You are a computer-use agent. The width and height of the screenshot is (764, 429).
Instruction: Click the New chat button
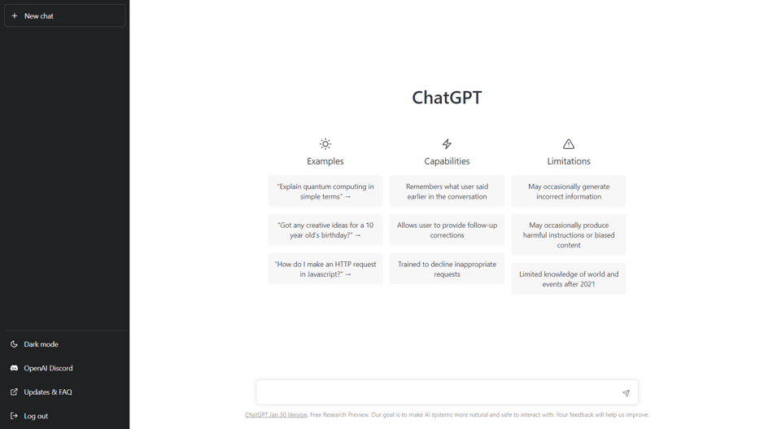click(65, 15)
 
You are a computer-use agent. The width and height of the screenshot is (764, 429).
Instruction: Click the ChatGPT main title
click(447, 98)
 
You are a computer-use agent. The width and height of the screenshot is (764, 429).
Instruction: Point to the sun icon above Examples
click(325, 144)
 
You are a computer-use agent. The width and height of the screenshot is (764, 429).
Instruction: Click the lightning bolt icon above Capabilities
click(447, 144)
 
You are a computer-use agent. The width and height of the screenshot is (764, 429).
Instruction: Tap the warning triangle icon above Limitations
click(569, 144)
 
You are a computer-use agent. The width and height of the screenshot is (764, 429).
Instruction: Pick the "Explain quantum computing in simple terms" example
click(325, 191)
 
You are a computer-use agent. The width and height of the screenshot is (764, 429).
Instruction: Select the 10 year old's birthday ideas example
click(325, 230)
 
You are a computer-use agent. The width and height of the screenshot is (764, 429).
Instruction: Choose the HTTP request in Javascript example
click(325, 269)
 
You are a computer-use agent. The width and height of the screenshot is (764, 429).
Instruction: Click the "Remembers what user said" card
click(447, 191)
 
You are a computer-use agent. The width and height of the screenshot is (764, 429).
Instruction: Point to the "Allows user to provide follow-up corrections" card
click(447, 230)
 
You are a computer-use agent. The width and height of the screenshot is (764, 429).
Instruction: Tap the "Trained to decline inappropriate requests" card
click(447, 269)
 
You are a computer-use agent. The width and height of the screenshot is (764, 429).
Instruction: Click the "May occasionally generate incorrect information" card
click(569, 191)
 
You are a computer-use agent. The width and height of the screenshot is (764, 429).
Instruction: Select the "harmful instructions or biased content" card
click(569, 235)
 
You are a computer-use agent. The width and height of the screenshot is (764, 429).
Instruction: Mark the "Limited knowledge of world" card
click(569, 279)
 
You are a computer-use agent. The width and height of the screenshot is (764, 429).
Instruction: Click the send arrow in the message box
click(626, 393)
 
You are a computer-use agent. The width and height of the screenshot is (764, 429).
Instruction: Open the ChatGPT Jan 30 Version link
click(276, 415)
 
